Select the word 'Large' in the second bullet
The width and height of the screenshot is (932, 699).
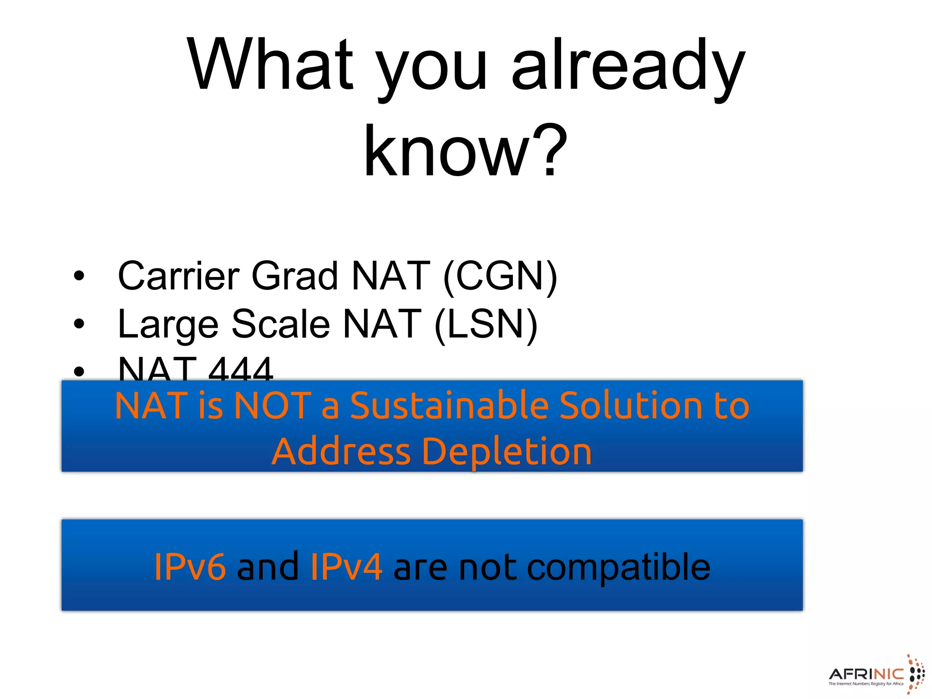pos(168,324)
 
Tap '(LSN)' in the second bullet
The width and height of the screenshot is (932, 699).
pos(486,324)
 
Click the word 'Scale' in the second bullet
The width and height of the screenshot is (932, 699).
pos(281,324)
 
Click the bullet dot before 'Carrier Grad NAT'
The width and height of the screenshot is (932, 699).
pos(79,276)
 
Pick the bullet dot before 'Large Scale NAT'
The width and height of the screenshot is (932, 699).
pos(79,324)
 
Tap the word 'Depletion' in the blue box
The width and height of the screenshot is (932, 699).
pos(507,451)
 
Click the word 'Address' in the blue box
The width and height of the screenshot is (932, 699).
pos(341,451)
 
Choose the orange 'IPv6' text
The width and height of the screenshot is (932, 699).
pos(190,567)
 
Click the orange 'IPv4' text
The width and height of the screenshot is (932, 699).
pos(346,567)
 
